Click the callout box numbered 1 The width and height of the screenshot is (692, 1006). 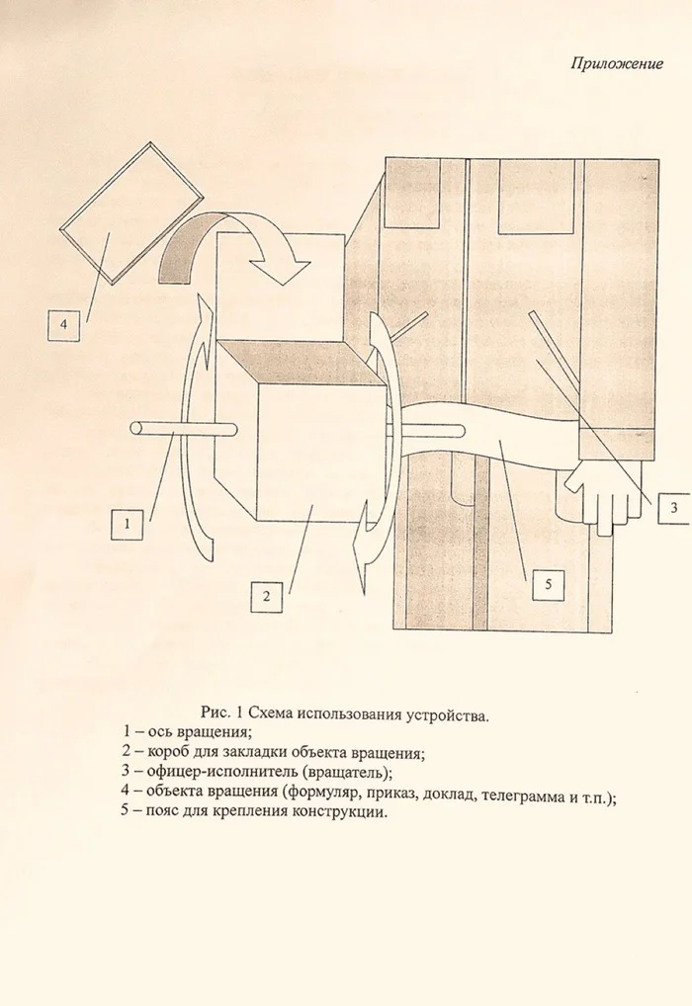click(128, 524)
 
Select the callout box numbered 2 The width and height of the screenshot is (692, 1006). click(267, 597)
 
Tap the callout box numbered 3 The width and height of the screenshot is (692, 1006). click(673, 508)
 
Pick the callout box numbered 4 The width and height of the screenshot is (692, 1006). click(63, 325)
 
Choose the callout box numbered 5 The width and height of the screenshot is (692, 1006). click(548, 584)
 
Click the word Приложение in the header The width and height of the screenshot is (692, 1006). click(617, 63)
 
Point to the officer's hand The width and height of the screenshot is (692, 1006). click(602, 495)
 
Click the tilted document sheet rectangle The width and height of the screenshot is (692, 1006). click(130, 212)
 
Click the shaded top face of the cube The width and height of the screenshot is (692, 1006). click(302, 365)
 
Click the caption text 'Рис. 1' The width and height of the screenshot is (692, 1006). click(221, 713)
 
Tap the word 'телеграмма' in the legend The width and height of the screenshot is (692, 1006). click(521, 797)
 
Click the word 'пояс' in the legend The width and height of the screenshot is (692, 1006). click(164, 811)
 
